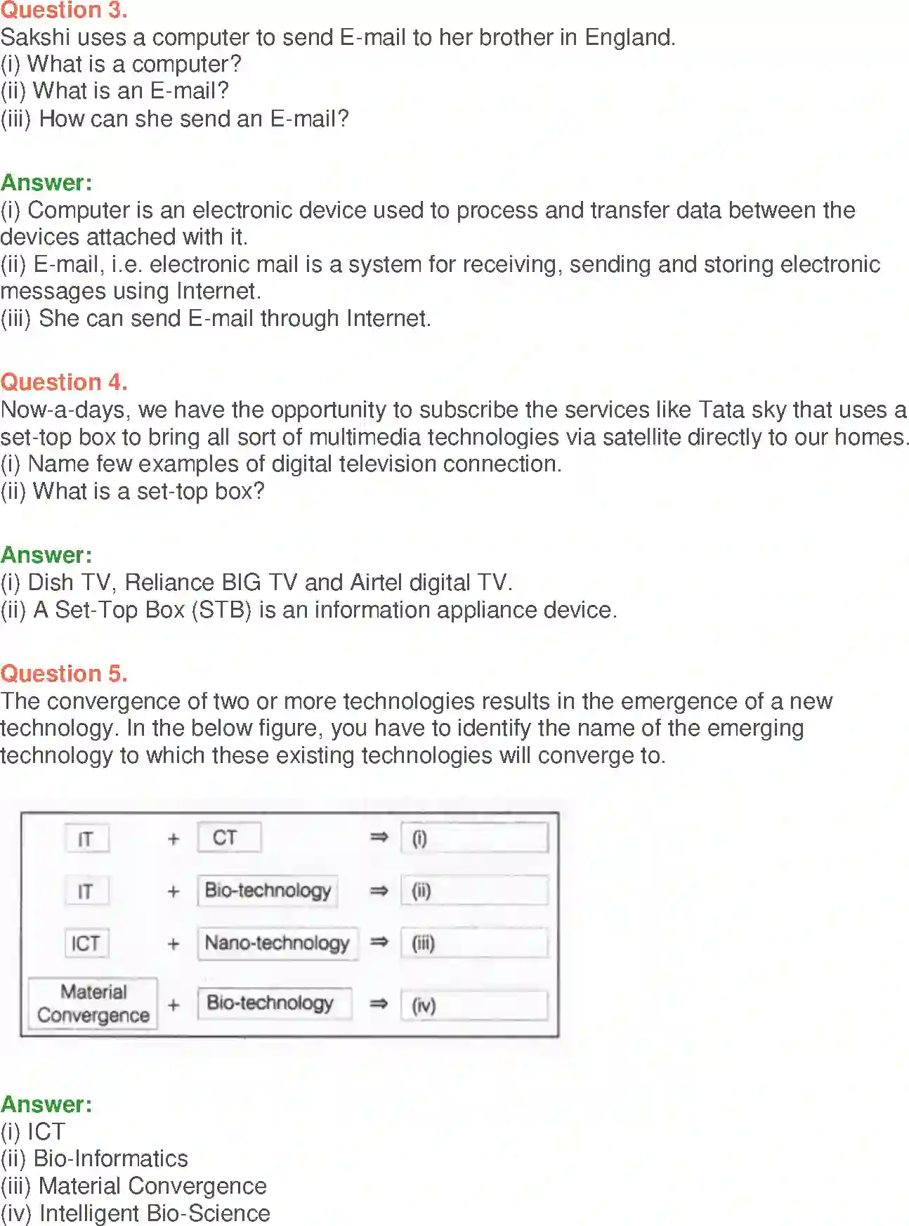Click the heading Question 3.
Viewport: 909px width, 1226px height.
[x=64, y=11]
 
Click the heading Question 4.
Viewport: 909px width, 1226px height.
[x=64, y=382]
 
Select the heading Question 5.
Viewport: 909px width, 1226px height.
[x=64, y=674]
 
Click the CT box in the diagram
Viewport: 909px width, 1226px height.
[x=229, y=837]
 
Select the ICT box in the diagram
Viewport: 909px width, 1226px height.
[x=86, y=943]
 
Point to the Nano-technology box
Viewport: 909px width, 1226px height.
[x=277, y=943]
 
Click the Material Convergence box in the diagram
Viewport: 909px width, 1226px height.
[x=93, y=1003]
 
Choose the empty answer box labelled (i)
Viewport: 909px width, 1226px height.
[x=474, y=838]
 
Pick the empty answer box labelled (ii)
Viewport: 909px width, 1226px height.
[x=474, y=891]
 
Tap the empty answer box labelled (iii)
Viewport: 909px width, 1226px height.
[x=474, y=943]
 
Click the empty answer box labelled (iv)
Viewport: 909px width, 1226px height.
[x=474, y=1005]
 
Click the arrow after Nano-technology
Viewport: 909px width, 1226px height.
[x=379, y=942]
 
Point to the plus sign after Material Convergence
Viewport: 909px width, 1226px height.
[x=174, y=1005]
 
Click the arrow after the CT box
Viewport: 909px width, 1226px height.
[x=379, y=837]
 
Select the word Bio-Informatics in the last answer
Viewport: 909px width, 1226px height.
[x=111, y=1159]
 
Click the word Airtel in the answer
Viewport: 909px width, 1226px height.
[x=376, y=582]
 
